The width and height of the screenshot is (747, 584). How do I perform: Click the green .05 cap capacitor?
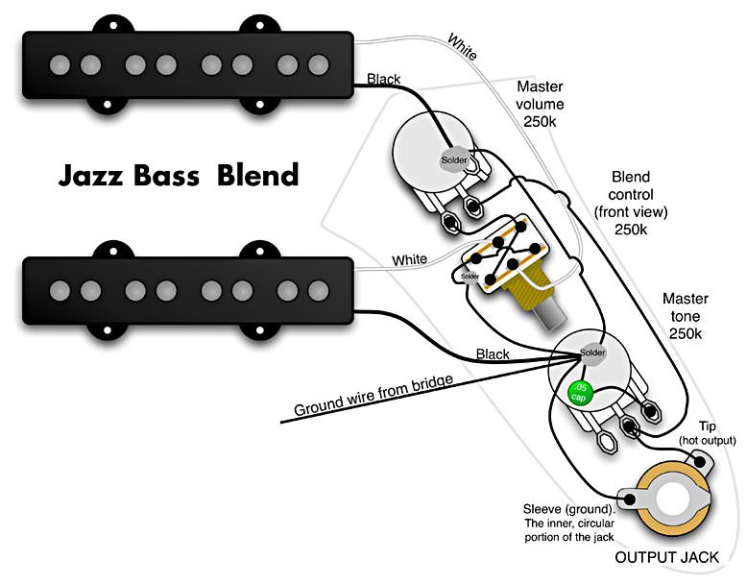click(x=580, y=393)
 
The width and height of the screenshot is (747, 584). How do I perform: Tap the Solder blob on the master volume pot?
click(x=454, y=159)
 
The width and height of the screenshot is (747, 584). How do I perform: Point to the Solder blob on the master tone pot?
click(x=591, y=353)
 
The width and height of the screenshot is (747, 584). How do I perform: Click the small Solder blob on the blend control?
click(x=470, y=277)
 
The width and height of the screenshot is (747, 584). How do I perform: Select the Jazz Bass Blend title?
click(x=179, y=175)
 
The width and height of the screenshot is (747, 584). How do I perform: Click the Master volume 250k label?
click(x=540, y=104)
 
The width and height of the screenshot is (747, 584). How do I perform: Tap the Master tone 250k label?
click(x=685, y=316)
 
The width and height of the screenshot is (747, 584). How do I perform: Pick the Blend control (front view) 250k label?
click(x=631, y=203)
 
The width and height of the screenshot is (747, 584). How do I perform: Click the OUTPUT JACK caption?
click(x=666, y=557)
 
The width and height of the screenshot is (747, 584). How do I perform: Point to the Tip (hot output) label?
click(x=707, y=433)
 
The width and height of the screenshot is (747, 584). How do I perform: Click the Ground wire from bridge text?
click(x=373, y=396)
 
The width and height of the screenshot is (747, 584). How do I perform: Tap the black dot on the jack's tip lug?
click(x=700, y=461)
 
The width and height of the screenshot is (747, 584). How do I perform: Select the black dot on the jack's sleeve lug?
click(x=630, y=499)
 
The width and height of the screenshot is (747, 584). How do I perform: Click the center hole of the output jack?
click(x=673, y=499)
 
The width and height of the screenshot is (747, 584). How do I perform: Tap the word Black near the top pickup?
click(x=384, y=79)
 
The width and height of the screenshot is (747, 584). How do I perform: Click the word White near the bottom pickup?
click(x=409, y=259)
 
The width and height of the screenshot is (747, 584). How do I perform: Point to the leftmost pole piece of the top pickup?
click(x=60, y=65)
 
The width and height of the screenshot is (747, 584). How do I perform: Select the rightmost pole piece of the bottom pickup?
click(x=318, y=290)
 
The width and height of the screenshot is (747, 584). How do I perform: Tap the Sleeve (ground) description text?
click(x=569, y=523)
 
